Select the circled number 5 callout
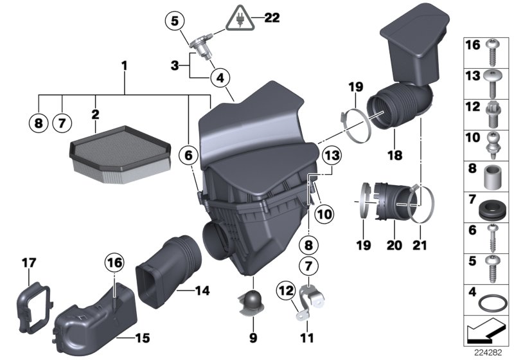tap(172, 21)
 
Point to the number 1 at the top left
tap(125, 66)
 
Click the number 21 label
tap(420, 246)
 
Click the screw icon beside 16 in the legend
tap(496, 49)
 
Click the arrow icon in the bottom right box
tap(486, 333)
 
